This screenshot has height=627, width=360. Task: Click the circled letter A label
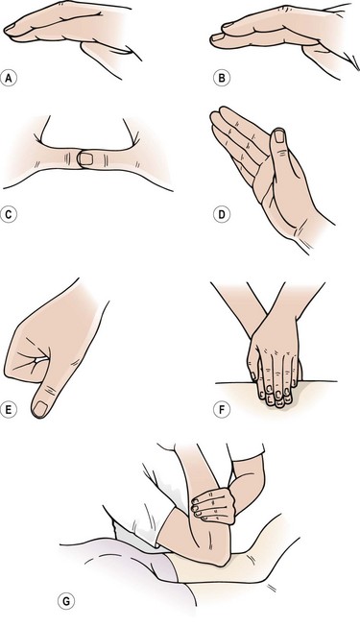pyautogui.click(x=9, y=78)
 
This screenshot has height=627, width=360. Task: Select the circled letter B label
pyautogui.click(x=221, y=78)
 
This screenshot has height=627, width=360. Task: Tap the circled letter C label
pyautogui.click(x=9, y=215)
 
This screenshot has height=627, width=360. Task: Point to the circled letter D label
pyautogui.click(x=221, y=215)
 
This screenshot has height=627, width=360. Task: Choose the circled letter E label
pyautogui.click(x=9, y=410)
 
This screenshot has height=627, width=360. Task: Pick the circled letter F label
pyautogui.click(x=221, y=410)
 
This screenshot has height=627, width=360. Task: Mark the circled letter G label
pyautogui.click(x=66, y=601)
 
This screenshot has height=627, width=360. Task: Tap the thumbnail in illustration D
pyautogui.click(x=279, y=136)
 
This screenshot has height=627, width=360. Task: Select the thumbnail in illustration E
pyautogui.click(x=40, y=409)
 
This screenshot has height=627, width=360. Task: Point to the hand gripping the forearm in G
pyautogui.click(x=213, y=506)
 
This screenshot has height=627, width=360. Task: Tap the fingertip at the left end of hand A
pyautogui.click(x=9, y=30)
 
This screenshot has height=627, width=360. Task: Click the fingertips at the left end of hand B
pyautogui.click(x=218, y=36)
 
